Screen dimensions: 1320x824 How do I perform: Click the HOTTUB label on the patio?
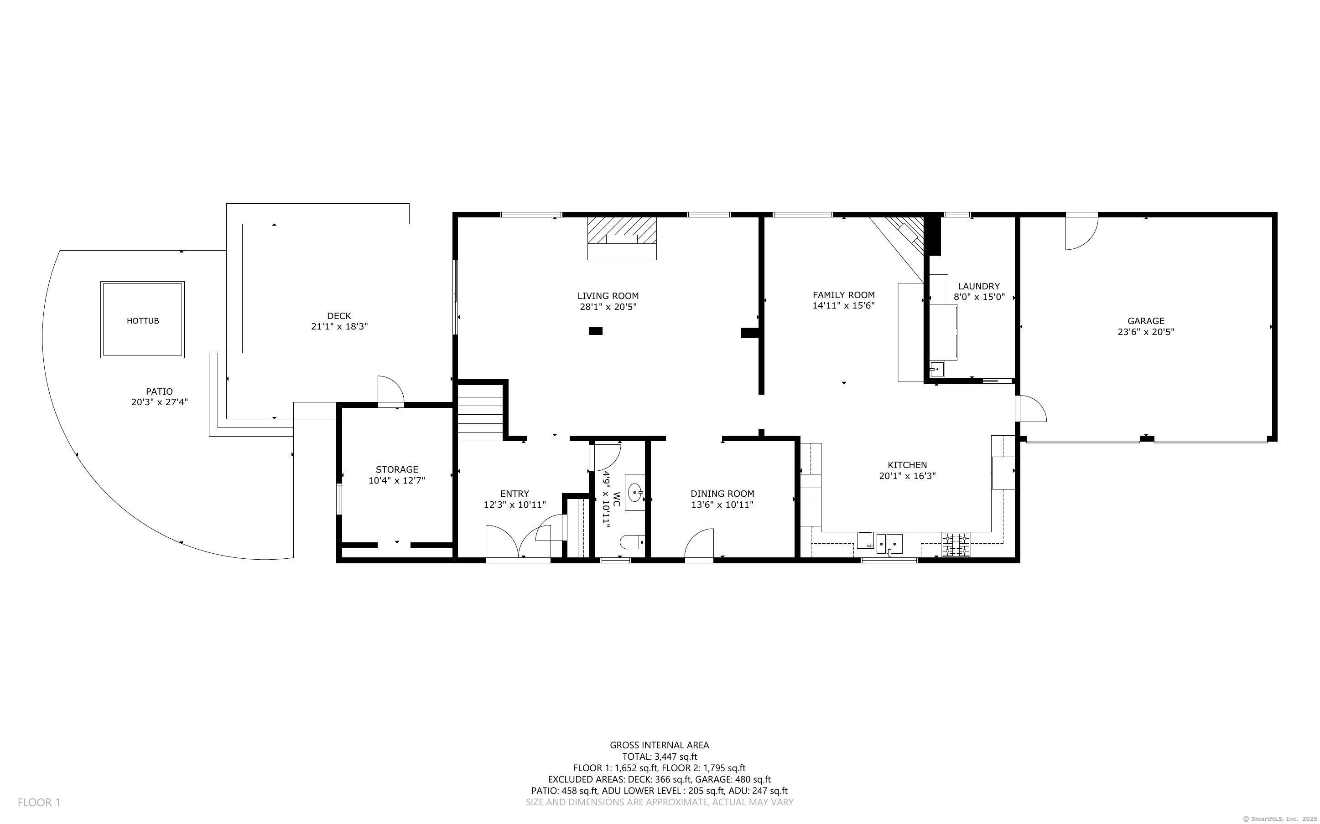click(x=143, y=321)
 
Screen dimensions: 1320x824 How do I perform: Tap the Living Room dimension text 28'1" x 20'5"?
click(x=608, y=307)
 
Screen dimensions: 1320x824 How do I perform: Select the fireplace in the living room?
click(x=622, y=238)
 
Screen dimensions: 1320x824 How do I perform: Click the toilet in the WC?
click(x=633, y=542)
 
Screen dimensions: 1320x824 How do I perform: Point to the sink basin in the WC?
click(x=634, y=493)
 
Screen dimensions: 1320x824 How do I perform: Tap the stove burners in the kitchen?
click(x=956, y=545)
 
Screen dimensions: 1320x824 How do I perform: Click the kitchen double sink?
click(x=889, y=544)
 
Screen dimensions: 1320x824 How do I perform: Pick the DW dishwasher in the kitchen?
click(x=865, y=541)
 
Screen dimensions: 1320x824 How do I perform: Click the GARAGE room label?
click(x=1146, y=321)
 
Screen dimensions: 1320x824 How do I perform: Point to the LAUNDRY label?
click(x=979, y=286)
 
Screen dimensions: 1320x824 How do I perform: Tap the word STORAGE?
click(x=397, y=469)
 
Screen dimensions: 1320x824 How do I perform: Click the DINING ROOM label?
click(x=722, y=494)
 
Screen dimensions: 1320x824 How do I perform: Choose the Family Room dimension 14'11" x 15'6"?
click(x=843, y=306)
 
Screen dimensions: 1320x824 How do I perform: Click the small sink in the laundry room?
click(x=937, y=369)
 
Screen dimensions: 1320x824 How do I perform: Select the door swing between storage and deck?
click(x=390, y=390)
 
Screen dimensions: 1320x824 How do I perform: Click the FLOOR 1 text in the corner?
click(x=39, y=802)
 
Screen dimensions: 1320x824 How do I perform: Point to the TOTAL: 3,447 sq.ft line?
click(x=660, y=757)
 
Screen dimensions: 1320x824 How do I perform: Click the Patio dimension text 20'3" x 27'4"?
click(x=159, y=402)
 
